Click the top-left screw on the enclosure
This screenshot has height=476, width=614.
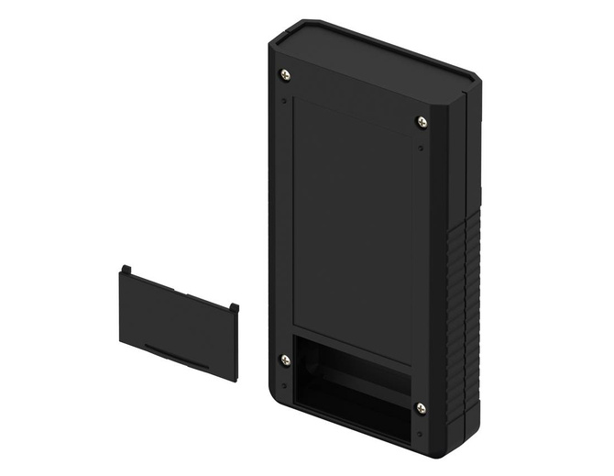click(285, 74)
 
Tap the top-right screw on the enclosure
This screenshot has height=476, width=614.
click(422, 122)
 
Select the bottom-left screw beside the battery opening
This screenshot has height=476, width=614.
click(285, 360)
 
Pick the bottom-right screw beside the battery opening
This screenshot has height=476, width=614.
click(421, 408)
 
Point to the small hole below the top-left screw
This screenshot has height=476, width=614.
click(284, 100)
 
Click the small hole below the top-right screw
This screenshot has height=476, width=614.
click(420, 148)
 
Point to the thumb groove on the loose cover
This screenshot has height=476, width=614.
click(174, 355)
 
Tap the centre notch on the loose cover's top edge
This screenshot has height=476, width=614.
click(179, 290)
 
